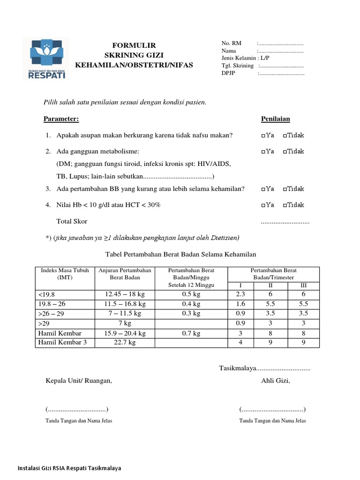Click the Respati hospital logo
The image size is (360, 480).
(x=46, y=59)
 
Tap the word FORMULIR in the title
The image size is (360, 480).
(x=134, y=45)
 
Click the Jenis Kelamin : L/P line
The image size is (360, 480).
(x=246, y=58)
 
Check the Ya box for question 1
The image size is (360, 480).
(x=263, y=136)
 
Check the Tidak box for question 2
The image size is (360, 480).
(x=285, y=152)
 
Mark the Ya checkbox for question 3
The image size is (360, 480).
(x=263, y=189)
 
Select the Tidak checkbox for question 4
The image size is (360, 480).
(x=285, y=205)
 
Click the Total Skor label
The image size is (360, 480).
(x=72, y=221)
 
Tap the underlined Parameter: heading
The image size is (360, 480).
(x=61, y=119)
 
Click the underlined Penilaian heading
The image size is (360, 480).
(x=275, y=119)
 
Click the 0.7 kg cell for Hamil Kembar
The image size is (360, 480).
(x=191, y=333)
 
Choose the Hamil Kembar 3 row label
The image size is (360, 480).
(x=63, y=343)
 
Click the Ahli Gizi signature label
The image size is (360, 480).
(x=276, y=380)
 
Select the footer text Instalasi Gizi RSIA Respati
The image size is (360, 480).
(x=69, y=468)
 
